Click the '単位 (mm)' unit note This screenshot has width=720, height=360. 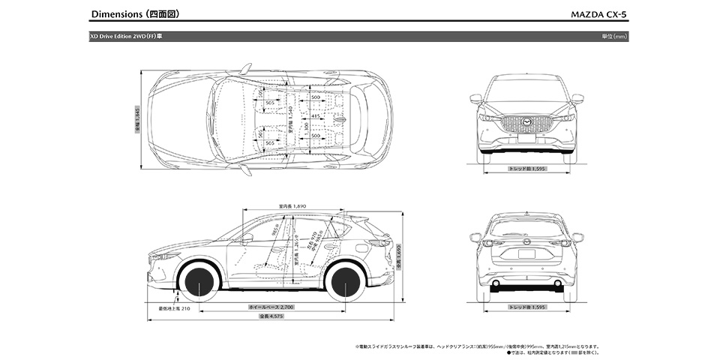pyautogui.click(x=615, y=35)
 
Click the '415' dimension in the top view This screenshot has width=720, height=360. pyautogui.click(x=316, y=117)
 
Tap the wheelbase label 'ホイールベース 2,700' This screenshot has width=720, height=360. pyautogui.click(x=271, y=307)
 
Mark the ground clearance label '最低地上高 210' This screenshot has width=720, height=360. pyautogui.click(x=175, y=307)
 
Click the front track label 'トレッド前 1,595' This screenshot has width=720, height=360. pyautogui.click(x=527, y=169)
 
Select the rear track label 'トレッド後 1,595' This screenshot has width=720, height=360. pyautogui.click(x=527, y=307)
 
